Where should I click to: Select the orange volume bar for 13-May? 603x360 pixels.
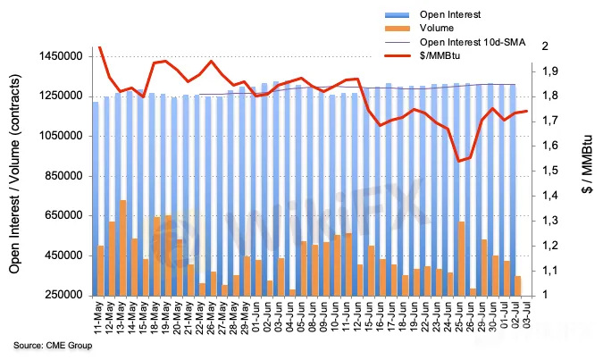point(122,247)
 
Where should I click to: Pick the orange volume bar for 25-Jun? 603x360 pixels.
point(461,258)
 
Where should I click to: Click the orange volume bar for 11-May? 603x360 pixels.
point(101,270)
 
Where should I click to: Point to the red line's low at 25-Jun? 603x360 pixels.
point(459,161)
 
